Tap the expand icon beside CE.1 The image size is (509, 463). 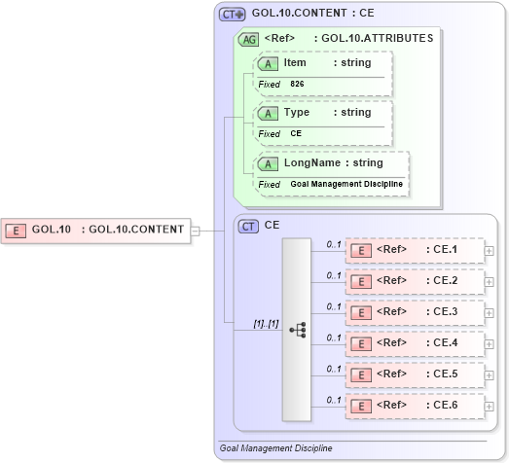[489, 251]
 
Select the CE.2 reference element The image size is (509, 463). [416, 281]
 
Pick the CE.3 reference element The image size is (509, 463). [416, 312]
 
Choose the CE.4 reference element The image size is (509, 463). [416, 343]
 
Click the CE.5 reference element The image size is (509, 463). [416, 374]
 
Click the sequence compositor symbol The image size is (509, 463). [297, 330]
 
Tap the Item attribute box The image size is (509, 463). [322, 63]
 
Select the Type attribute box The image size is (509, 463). [322, 113]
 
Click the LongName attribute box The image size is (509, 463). [330, 162]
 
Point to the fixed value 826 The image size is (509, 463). [298, 85]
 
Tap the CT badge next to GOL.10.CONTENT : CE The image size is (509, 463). [232, 15]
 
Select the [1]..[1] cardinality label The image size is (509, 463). [266, 323]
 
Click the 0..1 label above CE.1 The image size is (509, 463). [334, 244]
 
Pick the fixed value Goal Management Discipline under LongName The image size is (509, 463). [345, 184]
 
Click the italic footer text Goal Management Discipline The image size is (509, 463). [276, 448]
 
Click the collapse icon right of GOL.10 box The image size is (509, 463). [195, 231]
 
